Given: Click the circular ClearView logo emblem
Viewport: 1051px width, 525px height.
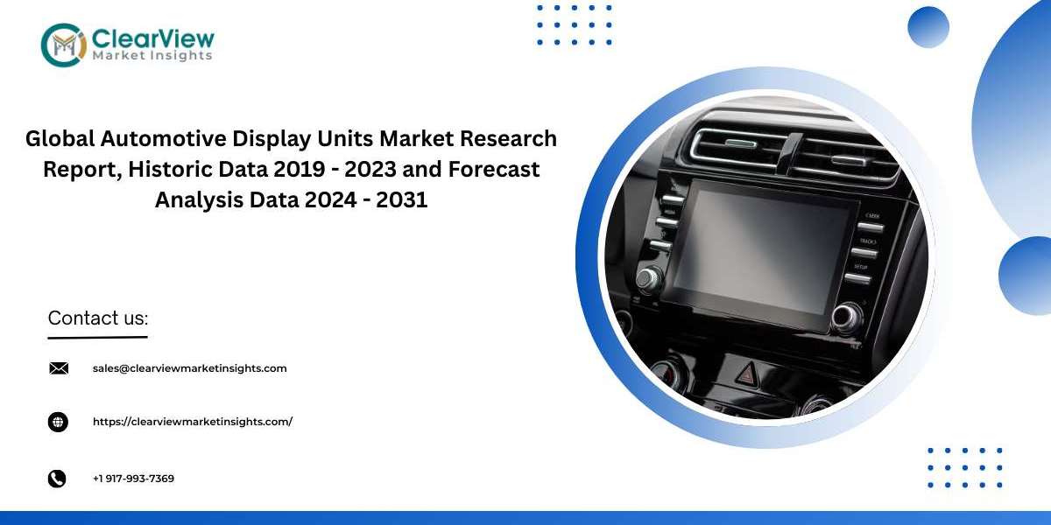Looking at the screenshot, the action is click(x=64, y=45).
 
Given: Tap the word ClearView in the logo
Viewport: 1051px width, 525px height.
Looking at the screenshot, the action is click(x=153, y=38).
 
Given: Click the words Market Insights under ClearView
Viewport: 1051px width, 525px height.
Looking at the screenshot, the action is click(x=152, y=56).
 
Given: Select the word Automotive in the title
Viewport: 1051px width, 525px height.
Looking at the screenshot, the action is click(x=163, y=138).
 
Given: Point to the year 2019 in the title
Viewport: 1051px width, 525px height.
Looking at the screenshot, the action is click(x=299, y=169).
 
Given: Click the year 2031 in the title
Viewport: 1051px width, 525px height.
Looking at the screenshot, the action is click(x=402, y=199).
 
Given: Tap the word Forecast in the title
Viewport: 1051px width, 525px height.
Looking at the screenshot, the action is click(x=494, y=169).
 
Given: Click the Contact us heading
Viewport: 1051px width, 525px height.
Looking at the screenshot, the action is click(x=98, y=318).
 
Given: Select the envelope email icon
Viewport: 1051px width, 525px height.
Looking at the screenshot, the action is click(x=59, y=368).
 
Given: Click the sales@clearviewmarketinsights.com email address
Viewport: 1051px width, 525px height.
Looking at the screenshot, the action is click(x=189, y=368).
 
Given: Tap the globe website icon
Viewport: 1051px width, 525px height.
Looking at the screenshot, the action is click(x=58, y=422).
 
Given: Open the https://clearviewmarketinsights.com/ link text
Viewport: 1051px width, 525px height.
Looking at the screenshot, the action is click(x=193, y=422).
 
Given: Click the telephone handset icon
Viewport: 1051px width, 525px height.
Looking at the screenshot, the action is click(x=57, y=479).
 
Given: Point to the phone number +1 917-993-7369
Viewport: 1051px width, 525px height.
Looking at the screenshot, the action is click(x=133, y=479).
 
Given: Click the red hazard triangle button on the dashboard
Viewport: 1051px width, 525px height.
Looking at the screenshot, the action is click(x=748, y=374).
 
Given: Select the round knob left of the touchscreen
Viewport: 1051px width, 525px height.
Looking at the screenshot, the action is click(x=649, y=279).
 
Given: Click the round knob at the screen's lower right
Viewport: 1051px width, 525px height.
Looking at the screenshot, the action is click(x=847, y=318).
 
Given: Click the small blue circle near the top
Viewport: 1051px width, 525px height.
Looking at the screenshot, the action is click(x=928, y=27).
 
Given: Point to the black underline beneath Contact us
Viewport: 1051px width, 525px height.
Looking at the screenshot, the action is click(x=97, y=337).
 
